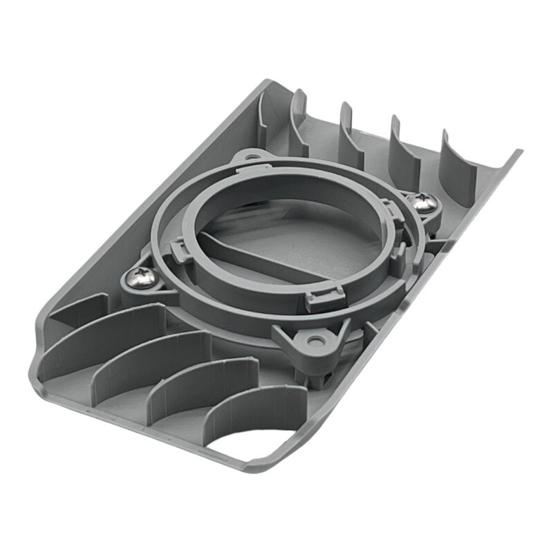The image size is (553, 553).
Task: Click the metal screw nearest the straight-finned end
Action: click(422, 203)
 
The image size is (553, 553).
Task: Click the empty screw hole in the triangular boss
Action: click(316, 341)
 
